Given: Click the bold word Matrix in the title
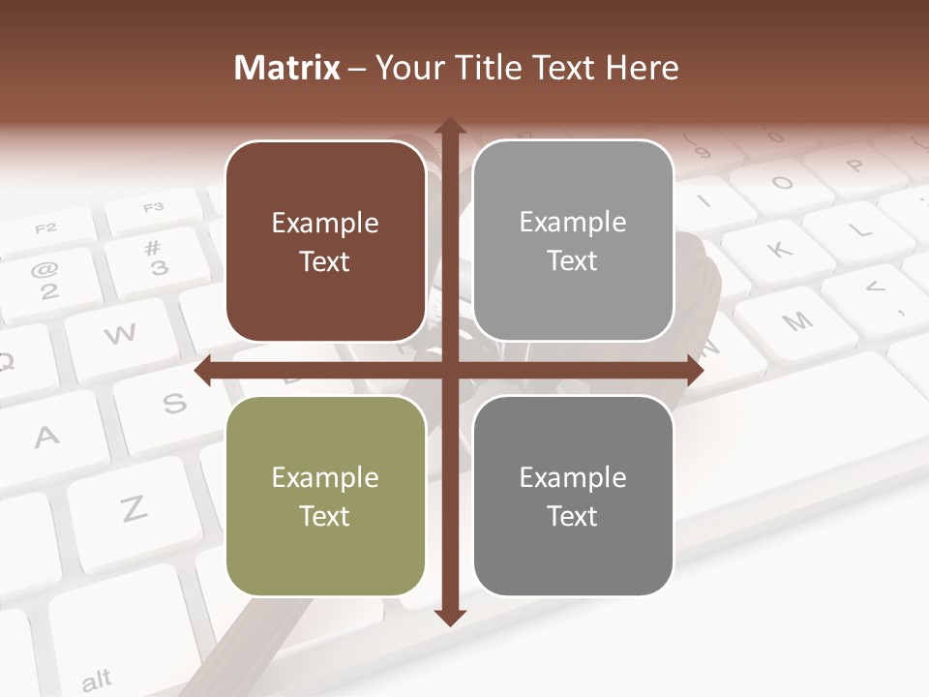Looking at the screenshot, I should click(287, 68).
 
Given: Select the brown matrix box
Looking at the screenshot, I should click(325, 241).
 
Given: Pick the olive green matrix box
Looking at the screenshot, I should click(325, 496).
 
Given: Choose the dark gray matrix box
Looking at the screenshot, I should click(573, 496).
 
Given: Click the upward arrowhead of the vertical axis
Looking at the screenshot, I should click(449, 127).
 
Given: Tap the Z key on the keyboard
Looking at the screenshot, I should click(133, 508).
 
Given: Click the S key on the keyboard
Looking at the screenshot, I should click(174, 403).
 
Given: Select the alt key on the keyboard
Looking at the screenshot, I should click(96, 681).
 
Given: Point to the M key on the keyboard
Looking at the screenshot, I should click(796, 321).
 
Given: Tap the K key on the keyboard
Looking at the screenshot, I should click(780, 250).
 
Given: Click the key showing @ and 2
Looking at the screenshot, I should click(45, 277).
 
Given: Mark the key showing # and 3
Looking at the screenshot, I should click(155, 258).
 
